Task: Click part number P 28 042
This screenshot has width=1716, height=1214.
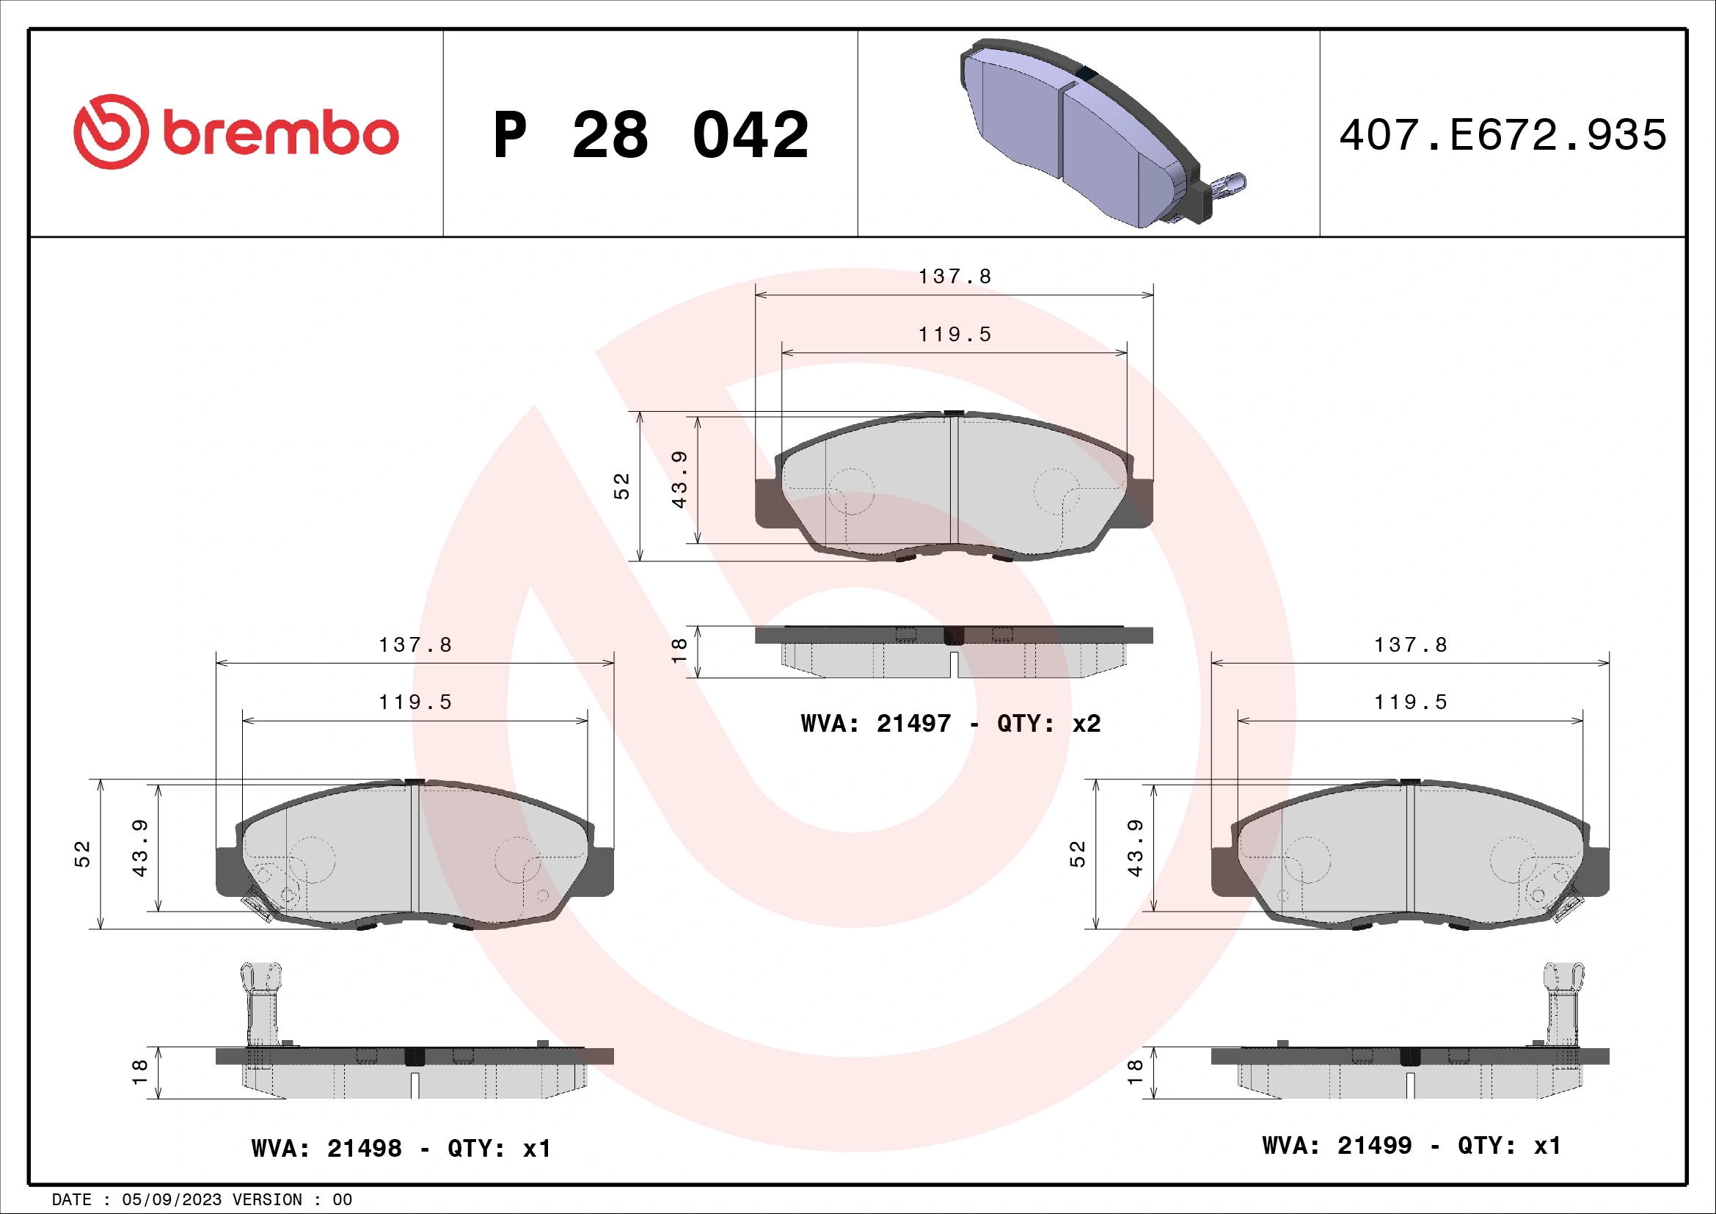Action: pos(650,135)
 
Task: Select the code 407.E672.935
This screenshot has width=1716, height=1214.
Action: pos(1503,135)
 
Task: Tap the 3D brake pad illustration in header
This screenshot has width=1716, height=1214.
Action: pos(1084,131)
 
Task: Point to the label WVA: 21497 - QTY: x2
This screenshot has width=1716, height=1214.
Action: pos(950,723)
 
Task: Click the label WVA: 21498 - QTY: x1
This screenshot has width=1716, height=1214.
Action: pos(401,1147)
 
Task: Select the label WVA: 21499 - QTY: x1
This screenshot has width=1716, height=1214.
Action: pos(1411,1144)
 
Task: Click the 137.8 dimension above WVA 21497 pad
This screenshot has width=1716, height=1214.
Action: pos(954,277)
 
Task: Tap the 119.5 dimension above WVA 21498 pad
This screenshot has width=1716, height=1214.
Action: pos(415,702)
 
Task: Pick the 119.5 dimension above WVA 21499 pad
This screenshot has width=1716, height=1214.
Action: pos(1410,702)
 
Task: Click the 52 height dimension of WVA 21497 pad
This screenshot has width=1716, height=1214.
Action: pos(622,486)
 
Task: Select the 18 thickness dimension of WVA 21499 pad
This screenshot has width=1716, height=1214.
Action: pos(1134,1072)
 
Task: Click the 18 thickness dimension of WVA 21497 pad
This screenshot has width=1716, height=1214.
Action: pos(679,650)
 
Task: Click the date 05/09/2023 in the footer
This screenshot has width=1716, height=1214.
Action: pos(171,1200)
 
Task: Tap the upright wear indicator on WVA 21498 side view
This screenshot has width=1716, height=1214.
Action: pos(262,1002)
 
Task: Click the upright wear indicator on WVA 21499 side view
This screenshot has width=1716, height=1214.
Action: pos(1563,1002)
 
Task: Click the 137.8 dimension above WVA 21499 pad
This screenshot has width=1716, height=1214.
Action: pos(1410,644)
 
